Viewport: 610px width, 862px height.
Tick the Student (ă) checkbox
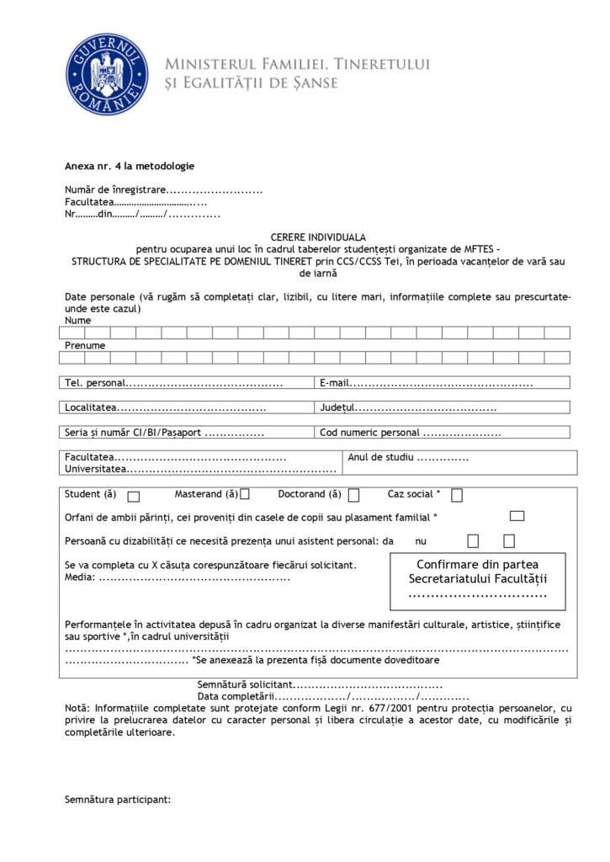(x=134, y=496)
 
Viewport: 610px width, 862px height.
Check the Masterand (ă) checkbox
(x=245, y=495)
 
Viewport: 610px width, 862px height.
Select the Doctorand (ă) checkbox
(x=354, y=495)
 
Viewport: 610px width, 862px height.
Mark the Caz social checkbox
(x=457, y=495)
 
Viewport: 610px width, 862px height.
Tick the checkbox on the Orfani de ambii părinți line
(x=517, y=516)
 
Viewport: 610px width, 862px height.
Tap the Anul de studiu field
(x=443, y=458)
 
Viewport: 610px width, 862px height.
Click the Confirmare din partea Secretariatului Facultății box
(x=477, y=581)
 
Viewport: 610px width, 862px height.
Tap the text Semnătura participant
(x=118, y=800)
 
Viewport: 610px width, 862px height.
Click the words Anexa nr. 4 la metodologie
(x=130, y=166)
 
